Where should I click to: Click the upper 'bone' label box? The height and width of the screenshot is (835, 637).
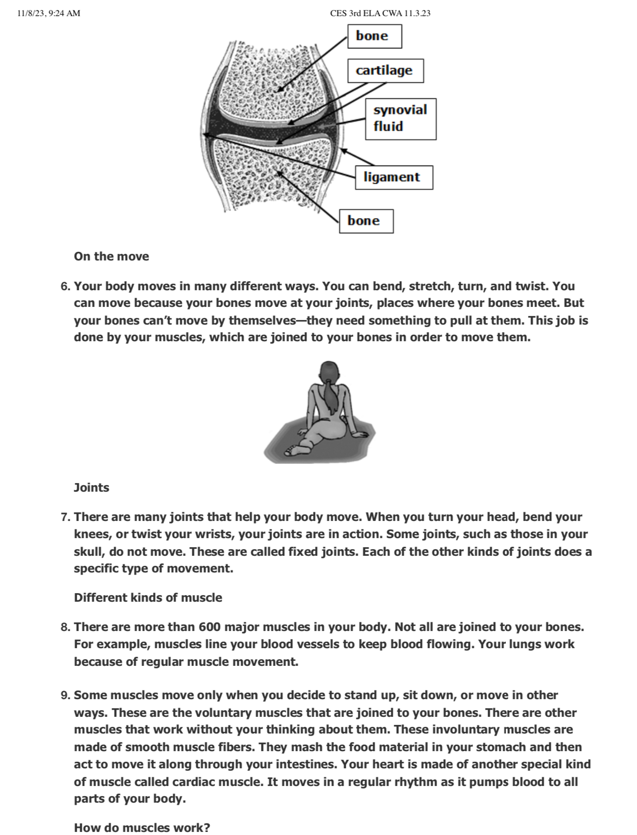[x=374, y=36]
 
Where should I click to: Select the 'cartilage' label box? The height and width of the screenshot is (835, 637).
[x=385, y=70]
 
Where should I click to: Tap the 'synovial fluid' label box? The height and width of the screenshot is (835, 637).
[x=400, y=119]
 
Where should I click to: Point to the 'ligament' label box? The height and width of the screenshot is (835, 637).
[x=394, y=177]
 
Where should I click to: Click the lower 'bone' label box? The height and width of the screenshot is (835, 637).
[x=366, y=221]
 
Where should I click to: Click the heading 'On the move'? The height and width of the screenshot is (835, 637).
[x=112, y=256]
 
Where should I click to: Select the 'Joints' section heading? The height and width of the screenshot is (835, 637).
[x=91, y=488]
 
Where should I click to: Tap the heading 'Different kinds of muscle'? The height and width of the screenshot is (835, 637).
[x=148, y=598]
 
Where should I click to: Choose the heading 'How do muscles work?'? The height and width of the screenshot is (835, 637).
[x=142, y=828]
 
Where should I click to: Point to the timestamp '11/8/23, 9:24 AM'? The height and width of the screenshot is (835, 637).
[x=48, y=14]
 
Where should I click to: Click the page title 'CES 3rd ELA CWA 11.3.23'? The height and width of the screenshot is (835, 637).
[x=380, y=14]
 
